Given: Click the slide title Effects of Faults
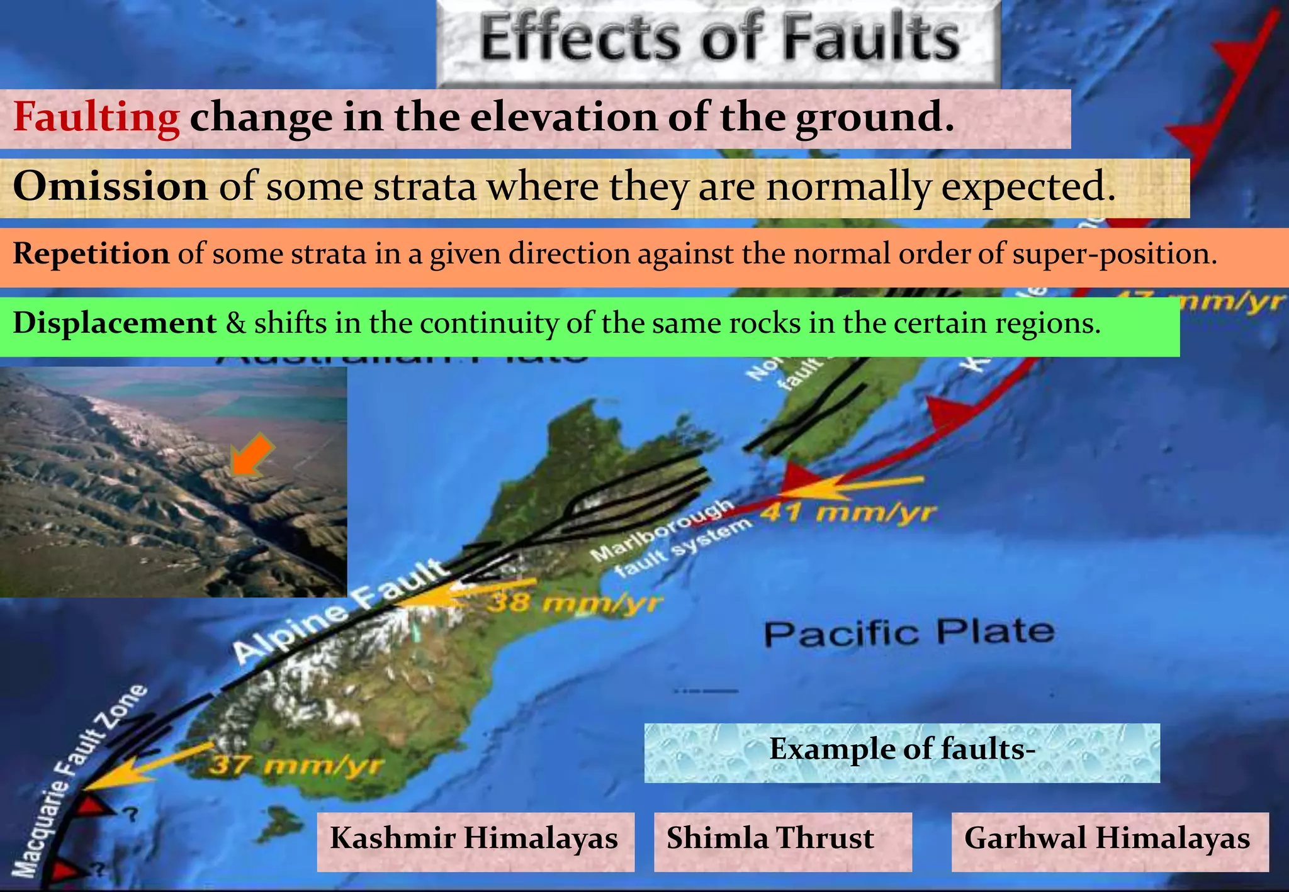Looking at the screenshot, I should (x=719, y=39).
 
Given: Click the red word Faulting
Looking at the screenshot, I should (x=96, y=118).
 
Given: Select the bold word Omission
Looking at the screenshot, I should (x=110, y=187).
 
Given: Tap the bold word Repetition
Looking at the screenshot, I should (x=91, y=254).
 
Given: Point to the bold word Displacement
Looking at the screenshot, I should (x=115, y=323).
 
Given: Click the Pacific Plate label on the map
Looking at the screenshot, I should (x=908, y=632).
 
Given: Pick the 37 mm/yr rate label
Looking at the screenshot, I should (x=296, y=766).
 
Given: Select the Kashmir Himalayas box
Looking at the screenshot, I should (x=475, y=839).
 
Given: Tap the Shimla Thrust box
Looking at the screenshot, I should (x=770, y=839).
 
